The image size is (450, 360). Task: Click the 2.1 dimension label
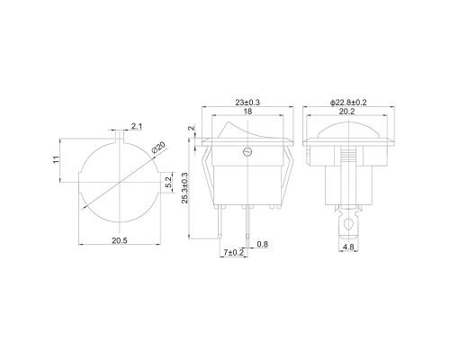click(137, 126)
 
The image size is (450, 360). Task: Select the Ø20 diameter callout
click(158, 148)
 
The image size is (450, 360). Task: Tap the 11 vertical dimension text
click(56, 159)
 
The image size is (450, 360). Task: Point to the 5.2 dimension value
click(168, 183)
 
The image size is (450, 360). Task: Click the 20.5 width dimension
click(120, 240)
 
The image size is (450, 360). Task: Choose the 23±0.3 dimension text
click(247, 103)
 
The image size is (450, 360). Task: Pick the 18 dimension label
click(247, 112)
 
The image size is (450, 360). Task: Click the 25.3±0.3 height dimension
click(184, 188)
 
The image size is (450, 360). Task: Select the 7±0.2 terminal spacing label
click(234, 253)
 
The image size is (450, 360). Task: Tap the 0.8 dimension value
click(263, 244)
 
